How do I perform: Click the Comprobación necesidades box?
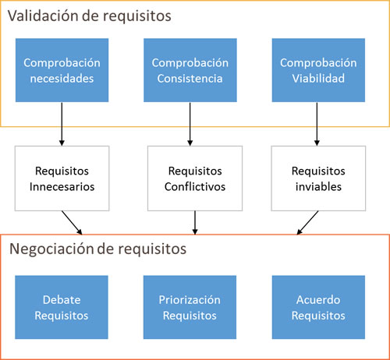point(62,70)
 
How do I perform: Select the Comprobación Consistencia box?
point(190,70)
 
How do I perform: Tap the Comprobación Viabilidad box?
point(318,70)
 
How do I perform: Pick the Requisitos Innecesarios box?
point(62,178)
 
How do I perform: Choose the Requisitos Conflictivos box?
point(195,178)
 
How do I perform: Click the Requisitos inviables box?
point(318,178)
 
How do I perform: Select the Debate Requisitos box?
point(62,307)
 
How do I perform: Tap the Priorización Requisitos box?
point(190,307)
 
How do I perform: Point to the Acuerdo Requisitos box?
point(318,307)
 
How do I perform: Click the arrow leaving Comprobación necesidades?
point(62,124)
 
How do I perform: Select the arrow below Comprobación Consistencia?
point(190,124)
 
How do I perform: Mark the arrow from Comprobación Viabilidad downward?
point(317,124)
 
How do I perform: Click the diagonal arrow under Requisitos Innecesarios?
point(72,223)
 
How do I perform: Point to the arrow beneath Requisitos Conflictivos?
point(195,223)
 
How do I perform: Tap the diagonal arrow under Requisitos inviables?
point(307,223)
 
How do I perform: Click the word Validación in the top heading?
point(43,16)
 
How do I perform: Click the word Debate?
point(62,300)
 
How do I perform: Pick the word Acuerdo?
point(318,300)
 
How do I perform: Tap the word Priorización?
point(190,300)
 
